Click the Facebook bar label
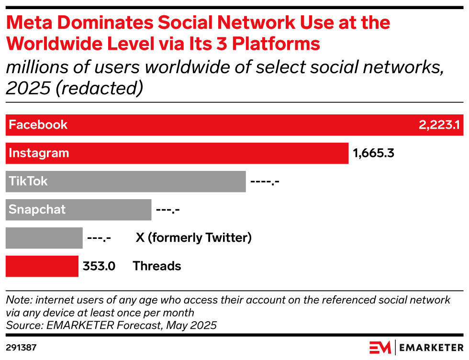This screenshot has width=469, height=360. [38, 125]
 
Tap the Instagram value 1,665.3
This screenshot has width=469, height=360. [373, 153]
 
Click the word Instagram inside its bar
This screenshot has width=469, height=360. [39, 153]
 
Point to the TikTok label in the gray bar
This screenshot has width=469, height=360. [28, 181]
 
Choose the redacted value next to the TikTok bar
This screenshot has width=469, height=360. [265, 181]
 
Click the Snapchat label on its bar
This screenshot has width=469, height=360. [37, 210]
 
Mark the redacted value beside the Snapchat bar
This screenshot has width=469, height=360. [167, 210]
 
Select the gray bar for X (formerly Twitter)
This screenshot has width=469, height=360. [44, 238]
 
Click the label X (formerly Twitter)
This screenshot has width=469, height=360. [193, 238]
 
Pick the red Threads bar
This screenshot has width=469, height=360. [42, 266]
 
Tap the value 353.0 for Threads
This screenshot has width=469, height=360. [99, 266]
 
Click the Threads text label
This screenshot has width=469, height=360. [156, 266]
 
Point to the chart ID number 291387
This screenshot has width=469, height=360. [21, 347]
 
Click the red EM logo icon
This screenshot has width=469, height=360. [380, 347]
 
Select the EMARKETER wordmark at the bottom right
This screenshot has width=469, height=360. [431, 347]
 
